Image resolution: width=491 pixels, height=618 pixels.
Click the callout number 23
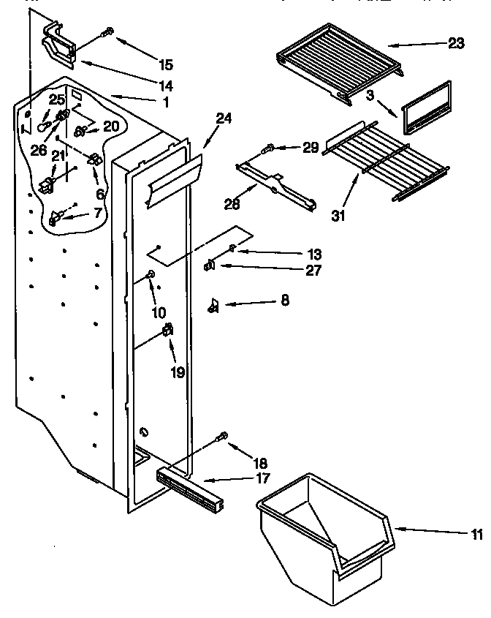click(456, 44)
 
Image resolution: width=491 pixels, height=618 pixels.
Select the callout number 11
click(477, 534)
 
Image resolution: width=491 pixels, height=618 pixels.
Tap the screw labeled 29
click(270, 149)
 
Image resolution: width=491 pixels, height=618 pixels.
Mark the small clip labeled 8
click(214, 305)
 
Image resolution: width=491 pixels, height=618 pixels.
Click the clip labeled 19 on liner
click(169, 331)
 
